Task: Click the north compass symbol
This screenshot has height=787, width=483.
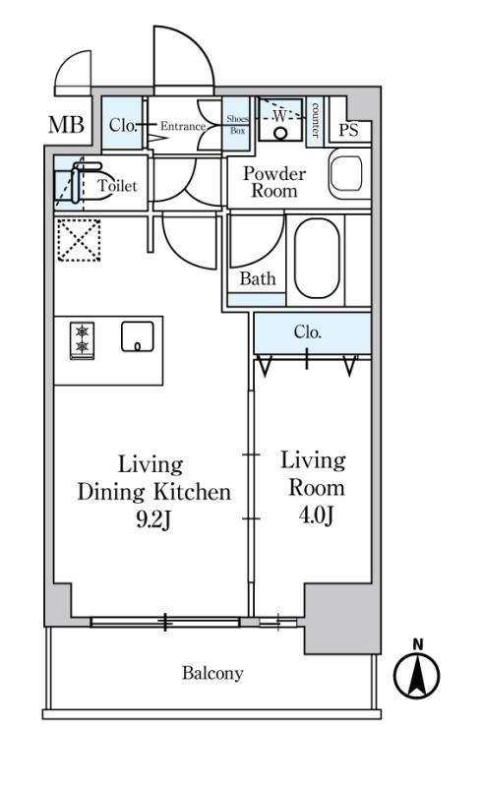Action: click(x=416, y=670)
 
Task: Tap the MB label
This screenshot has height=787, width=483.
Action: click(x=66, y=125)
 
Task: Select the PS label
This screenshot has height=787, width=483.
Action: click(x=348, y=131)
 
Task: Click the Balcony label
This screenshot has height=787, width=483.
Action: click(x=212, y=673)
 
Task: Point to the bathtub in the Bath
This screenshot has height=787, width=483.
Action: click(x=317, y=259)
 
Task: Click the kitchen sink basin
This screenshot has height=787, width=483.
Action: click(x=137, y=336)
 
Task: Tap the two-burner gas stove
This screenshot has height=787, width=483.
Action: click(x=82, y=340)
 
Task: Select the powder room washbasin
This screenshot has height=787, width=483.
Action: click(x=346, y=174)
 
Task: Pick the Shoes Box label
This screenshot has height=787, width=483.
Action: click(x=237, y=125)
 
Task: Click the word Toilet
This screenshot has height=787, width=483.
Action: click(x=117, y=186)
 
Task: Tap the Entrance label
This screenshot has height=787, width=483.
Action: click(x=183, y=126)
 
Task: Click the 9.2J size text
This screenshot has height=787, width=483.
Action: click(x=153, y=520)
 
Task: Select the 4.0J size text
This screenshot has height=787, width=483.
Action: click(x=316, y=515)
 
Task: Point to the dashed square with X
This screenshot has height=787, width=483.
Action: click(x=79, y=240)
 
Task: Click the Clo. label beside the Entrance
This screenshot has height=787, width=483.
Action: click(x=123, y=125)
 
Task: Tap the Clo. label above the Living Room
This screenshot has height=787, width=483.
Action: click(x=307, y=332)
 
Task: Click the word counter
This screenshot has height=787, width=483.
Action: click(x=315, y=120)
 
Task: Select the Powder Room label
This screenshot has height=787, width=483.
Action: click(x=274, y=182)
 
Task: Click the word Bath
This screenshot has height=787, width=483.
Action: click(x=258, y=278)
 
